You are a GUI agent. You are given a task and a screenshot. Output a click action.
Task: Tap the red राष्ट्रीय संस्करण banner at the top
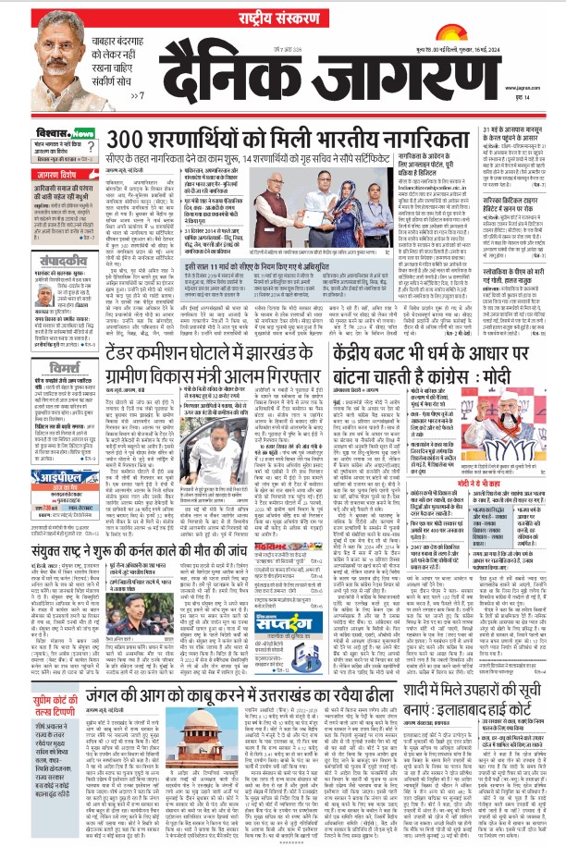282,11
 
